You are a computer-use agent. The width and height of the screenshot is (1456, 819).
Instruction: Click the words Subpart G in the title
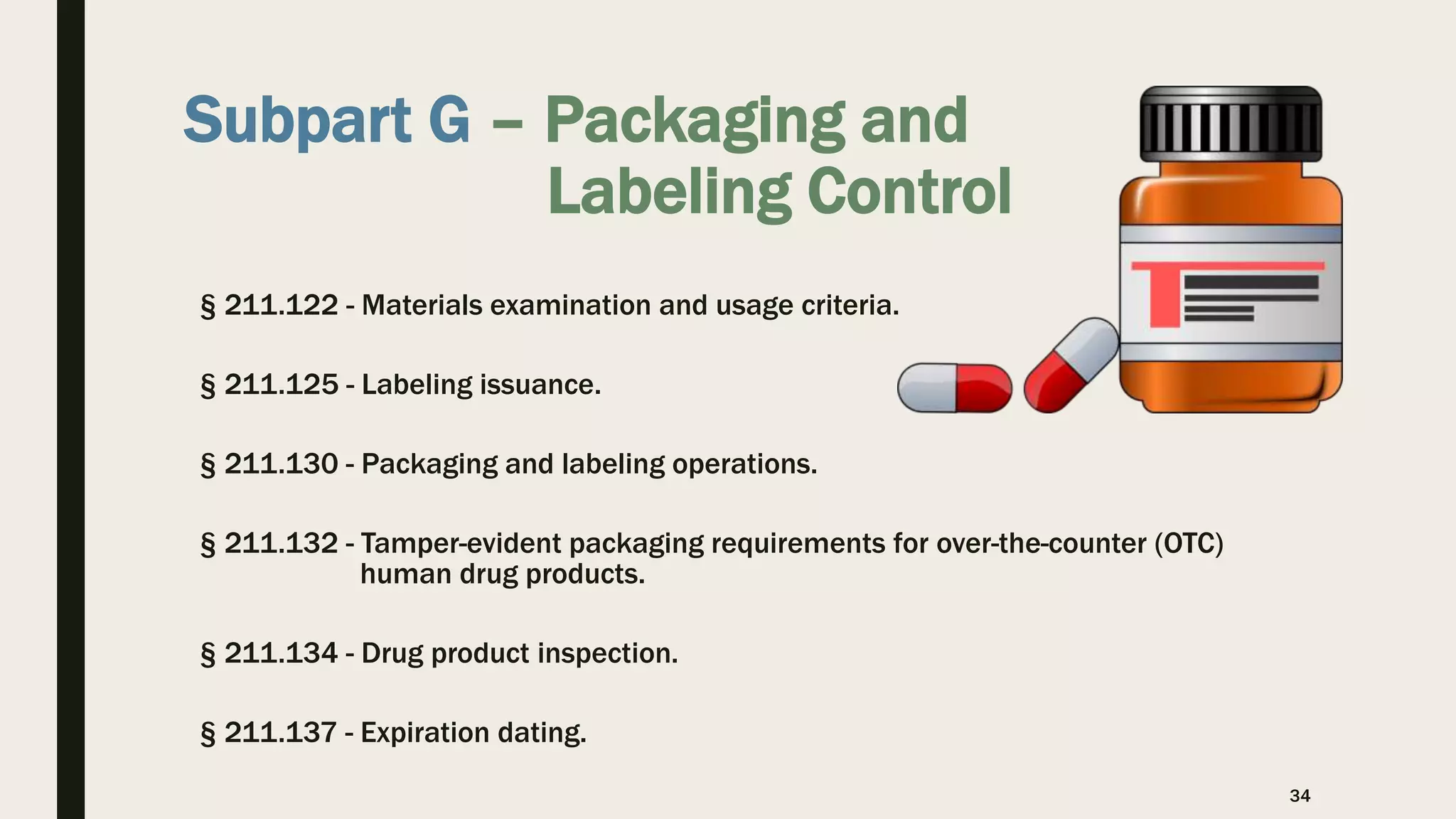click(326, 120)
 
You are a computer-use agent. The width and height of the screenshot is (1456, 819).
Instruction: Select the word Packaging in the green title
click(695, 121)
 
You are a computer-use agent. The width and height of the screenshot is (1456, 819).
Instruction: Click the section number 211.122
click(281, 306)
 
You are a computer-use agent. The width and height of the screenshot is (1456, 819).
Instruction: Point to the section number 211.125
click(281, 385)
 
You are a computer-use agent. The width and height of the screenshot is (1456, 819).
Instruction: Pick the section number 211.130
click(281, 464)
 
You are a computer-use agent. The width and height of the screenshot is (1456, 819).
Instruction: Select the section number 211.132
click(281, 544)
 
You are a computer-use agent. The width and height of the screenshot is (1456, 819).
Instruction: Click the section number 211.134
click(281, 653)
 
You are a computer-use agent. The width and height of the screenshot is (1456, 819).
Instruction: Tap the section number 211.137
click(281, 733)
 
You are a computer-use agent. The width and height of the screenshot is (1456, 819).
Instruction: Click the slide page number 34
click(1300, 796)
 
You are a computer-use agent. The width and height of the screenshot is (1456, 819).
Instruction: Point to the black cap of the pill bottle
click(1231, 124)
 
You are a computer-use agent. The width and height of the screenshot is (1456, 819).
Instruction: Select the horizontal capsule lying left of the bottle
click(954, 388)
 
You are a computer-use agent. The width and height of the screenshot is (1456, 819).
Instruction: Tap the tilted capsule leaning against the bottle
click(1071, 365)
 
